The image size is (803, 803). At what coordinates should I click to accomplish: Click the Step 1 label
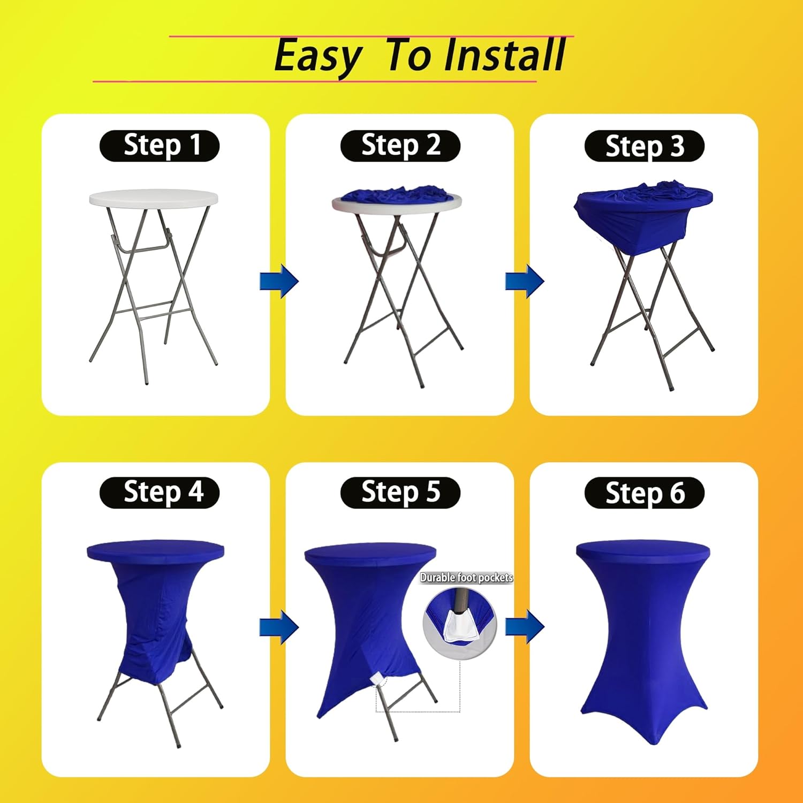click(160, 146)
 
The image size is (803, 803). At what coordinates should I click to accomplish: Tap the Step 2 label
click(400, 146)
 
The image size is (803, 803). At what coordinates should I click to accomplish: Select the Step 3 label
click(644, 146)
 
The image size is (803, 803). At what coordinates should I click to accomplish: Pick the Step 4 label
click(160, 493)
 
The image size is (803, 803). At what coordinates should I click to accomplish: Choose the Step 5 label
click(400, 493)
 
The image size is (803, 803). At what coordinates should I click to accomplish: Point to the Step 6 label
click(644, 493)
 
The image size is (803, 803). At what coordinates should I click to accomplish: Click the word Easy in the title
click(318, 57)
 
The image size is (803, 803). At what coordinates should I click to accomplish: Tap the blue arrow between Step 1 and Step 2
click(278, 281)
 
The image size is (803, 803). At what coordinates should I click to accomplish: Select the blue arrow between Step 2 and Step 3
click(524, 281)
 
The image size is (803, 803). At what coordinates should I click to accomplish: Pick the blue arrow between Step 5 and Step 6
click(524, 626)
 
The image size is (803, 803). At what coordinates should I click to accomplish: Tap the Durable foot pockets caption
click(466, 578)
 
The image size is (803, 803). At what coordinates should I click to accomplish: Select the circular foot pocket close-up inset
click(460, 622)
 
